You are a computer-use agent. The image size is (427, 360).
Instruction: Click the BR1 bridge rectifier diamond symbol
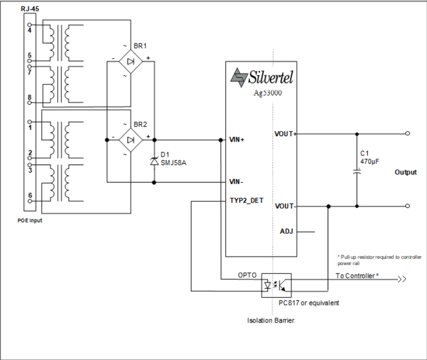click(131, 61)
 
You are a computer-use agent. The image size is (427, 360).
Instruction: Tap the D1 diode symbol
click(154, 161)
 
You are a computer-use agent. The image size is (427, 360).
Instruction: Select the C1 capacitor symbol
click(357, 172)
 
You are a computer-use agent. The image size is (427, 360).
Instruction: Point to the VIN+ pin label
click(237, 140)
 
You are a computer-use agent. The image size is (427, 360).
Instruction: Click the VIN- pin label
click(236, 182)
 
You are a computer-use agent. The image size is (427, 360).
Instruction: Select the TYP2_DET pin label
click(246, 201)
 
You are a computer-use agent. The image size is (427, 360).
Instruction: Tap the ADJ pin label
click(286, 231)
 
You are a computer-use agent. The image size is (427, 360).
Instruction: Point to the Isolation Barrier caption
click(271, 320)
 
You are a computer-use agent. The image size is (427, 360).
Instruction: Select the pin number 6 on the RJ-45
click(30, 195)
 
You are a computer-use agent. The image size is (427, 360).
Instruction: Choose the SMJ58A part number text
click(173, 162)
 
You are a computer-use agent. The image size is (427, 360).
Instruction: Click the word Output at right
click(406, 173)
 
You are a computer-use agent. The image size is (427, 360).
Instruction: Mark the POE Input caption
click(29, 221)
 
